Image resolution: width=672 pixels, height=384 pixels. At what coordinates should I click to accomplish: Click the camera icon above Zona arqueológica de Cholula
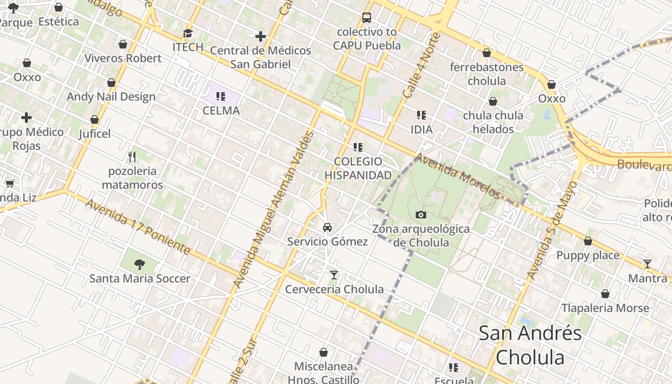click(x=421, y=215)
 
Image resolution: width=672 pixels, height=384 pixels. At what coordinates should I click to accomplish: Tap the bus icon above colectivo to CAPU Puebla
click(x=367, y=18)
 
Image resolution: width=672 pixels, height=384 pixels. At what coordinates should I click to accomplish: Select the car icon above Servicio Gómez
click(x=327, y=227)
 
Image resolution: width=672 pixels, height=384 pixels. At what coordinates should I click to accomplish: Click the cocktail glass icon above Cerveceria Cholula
click(x=334, y=275)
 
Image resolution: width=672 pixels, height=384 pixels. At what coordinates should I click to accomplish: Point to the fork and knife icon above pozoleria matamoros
click(x=132, y=156)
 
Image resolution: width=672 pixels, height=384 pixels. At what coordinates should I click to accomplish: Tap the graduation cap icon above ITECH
click(x=188, y=33)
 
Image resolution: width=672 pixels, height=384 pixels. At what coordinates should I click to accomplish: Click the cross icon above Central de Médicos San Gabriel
click(x=260, y=36)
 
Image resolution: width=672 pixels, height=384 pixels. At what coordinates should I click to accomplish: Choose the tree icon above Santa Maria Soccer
click(x=140, y=264)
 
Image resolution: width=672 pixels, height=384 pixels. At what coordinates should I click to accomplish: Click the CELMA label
click(x=221, y=110)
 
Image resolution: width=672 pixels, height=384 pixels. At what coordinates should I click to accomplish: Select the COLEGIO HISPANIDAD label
click(x=358, y=168)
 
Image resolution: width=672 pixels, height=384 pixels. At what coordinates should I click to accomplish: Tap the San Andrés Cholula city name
click(x=530, y=345)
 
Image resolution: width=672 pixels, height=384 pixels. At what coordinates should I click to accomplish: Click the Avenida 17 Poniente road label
click(x=138, y=227)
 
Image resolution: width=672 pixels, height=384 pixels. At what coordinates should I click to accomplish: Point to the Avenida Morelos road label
click(x=458, y=176)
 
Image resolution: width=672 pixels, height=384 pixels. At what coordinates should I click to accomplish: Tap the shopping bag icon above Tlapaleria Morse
click(x=605, y=294)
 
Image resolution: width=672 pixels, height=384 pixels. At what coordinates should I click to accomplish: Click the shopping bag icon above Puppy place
click(x=588, y=241)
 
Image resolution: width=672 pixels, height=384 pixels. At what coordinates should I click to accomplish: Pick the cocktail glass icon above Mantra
click(x=648, y=264)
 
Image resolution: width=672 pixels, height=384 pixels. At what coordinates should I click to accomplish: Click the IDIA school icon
click(x=421, y=115)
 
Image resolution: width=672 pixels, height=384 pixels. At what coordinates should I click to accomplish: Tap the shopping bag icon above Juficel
click(x=95, y=120)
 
